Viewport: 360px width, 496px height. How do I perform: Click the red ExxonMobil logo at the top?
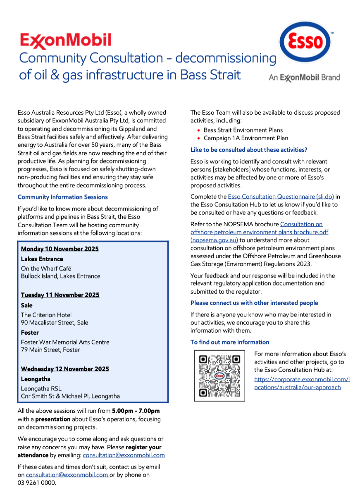(x=66, y=41)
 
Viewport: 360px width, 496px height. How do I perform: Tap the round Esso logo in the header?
(x=305, y=43)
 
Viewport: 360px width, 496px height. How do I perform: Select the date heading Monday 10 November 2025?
(x=60, y=249)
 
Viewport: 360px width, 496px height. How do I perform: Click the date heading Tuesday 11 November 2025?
(x=60, y=295)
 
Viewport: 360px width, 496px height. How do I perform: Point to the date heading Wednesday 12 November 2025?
(x=65, y=369)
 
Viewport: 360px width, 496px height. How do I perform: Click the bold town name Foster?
(x=30, y=333)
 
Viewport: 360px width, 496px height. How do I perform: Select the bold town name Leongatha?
(x=36, y=379)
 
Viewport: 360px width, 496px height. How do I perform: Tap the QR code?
(x=219, y=376)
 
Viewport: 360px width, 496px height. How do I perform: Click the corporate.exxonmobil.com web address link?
(x=302, y=383)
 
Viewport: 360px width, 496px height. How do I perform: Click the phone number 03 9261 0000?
(x=37, y=483)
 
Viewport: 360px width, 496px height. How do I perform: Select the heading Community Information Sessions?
(x=62, y=197)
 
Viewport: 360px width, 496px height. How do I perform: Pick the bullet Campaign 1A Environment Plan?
(x=246, y=138)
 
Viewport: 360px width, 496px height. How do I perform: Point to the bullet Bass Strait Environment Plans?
(x=243, y=130)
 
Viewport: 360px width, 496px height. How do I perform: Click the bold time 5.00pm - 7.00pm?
(x=136, y=411)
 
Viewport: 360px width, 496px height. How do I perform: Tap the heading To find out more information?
(x=230, y=342)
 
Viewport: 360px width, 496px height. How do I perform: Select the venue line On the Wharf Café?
(x=46, y=268)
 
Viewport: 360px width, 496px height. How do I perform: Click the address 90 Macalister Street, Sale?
(x=55, y=323)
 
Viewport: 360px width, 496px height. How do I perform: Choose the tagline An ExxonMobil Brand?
(x=304, y=77)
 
